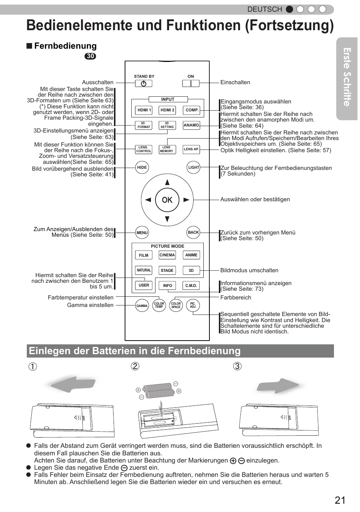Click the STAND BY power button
(143, 83)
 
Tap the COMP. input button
(192, 110)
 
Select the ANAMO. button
(191, 125)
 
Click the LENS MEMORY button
(166, 150)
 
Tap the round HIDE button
(142, 168)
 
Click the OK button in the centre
(167, 200)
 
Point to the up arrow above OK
(167, 182)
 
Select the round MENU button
(142, 233)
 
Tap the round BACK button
(193, 233)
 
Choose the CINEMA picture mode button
(167, 255)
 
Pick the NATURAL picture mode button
(143, 270)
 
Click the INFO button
(168, 286)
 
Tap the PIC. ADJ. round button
(193, 305)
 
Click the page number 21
(340, 500)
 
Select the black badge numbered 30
(90, 56)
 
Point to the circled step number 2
(135, 366)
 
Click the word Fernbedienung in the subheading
(65, 46)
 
